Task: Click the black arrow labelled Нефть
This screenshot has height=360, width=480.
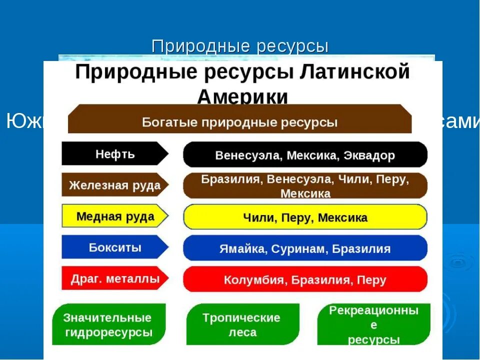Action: (x=115, y=153)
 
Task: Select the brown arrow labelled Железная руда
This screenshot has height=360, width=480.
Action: (x=115, y=185)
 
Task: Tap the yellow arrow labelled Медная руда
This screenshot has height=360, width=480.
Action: (x=115, y=216)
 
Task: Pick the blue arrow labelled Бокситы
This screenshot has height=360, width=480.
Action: (x=115, y=247)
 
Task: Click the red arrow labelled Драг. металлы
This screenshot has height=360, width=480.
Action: (x=115, y=278)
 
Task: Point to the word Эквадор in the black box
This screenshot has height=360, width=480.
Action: (x=369, y=155)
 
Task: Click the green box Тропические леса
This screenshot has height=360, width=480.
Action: (x=243, y=325)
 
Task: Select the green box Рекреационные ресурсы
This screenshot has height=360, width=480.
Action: (x=373, y=325)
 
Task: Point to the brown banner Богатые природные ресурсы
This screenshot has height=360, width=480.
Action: (x=239, y=121)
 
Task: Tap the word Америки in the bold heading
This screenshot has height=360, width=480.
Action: (x=242, y=96)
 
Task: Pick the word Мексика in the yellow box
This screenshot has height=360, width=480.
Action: (x=342, y=218)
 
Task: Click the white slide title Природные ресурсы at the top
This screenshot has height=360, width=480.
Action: (x=240, y=46)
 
